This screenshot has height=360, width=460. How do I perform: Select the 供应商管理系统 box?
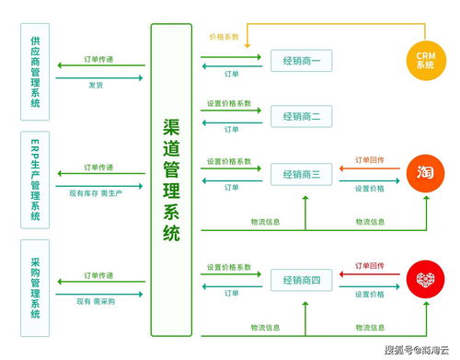tap(35, 72)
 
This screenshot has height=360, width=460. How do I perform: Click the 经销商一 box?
tap(301, 63)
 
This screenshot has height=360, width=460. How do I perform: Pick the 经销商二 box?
tap(301, 117)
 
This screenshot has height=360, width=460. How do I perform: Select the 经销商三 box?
tap(301, 174)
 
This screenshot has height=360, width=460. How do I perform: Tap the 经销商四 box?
tap(301, 280)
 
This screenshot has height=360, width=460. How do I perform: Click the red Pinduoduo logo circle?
tap(424, 280)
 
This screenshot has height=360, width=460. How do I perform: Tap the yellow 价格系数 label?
tap(224, 38)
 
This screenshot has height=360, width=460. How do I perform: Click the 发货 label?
tap(96, 84)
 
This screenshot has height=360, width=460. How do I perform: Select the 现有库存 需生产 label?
tap(96, 192)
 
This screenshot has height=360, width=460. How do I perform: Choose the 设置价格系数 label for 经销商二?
tap(229, 103)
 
